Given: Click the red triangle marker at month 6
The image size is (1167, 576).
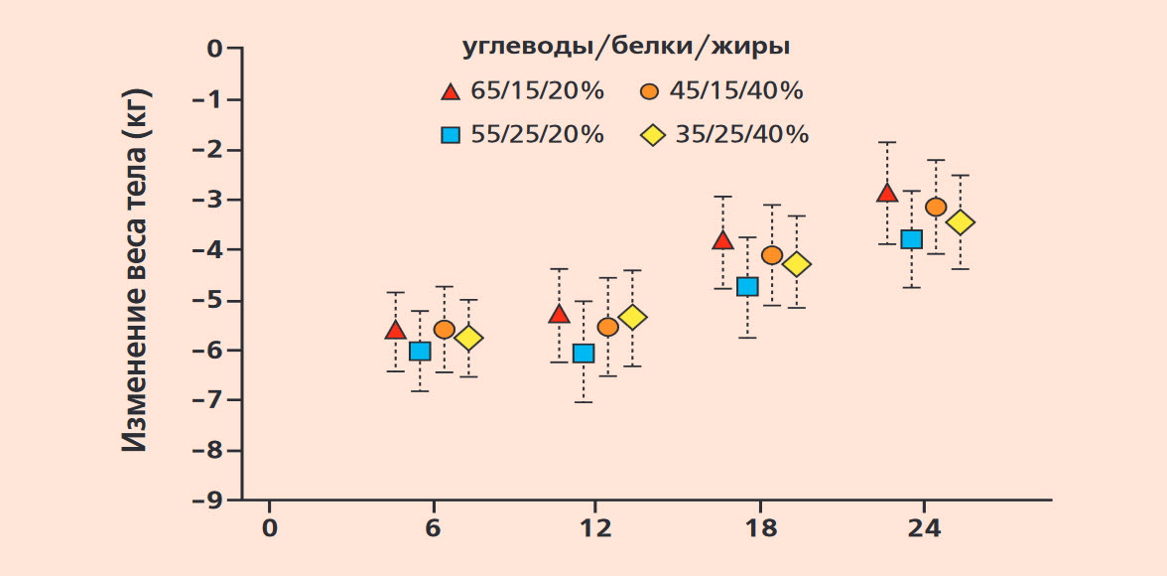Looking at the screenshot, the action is click(395, 330).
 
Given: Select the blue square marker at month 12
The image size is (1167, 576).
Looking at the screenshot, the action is click(583, 353).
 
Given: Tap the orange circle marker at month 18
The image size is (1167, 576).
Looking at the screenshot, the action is click(772, 255).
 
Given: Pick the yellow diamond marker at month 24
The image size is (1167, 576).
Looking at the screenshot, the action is click(961, 222).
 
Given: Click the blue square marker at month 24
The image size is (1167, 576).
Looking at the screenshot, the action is click(911, 239).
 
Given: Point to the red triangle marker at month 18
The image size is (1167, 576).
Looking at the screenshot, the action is click(722, 239).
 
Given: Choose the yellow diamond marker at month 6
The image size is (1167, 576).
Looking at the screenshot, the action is click(468, 339).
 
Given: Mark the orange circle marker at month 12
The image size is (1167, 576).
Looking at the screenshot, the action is click(608, 327).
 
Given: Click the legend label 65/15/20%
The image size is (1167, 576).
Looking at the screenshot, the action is click(538, 91).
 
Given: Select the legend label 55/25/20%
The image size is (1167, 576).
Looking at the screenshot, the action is click(538, 135).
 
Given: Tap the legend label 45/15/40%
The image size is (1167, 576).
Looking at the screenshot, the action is click(736, 91).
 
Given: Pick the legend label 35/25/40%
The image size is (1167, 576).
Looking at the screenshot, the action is click(742, 135).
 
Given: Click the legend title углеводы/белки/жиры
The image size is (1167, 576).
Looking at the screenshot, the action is click(626, 47).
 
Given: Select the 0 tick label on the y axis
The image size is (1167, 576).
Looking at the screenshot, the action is click(215, 49).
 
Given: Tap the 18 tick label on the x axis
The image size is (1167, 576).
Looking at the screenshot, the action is click(759, 528).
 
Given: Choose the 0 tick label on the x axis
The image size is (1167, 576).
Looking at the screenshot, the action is click(270, 528).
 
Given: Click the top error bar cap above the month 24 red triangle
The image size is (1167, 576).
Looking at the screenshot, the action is click(886, 142).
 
